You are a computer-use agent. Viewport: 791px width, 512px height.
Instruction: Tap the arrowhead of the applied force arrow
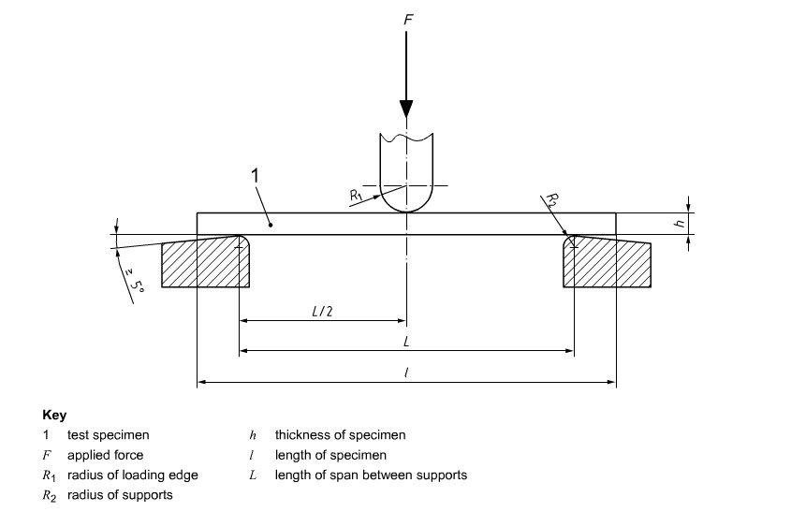[406, 108]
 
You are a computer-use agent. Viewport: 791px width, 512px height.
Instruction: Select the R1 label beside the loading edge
[357, 195]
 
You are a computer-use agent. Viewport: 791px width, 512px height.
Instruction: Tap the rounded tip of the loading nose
[406, 208]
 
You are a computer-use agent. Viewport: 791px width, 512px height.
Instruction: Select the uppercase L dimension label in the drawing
[406, 343]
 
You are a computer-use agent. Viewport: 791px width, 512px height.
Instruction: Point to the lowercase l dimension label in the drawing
[406, 373]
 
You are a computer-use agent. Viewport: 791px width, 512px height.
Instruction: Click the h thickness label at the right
[681, 223]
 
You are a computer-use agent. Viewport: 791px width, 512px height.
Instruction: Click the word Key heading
[54, 415]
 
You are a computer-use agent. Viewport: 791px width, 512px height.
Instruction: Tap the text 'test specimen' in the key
[108, 435]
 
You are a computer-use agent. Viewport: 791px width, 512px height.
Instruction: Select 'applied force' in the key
[105, 455]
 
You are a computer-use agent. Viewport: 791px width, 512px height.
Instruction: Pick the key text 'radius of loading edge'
[132, 475]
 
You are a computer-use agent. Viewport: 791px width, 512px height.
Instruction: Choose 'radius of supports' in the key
[120, 495]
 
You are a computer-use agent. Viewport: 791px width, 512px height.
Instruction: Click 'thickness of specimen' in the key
[340, 435]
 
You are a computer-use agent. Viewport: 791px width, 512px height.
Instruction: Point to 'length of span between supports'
[371, 475]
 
